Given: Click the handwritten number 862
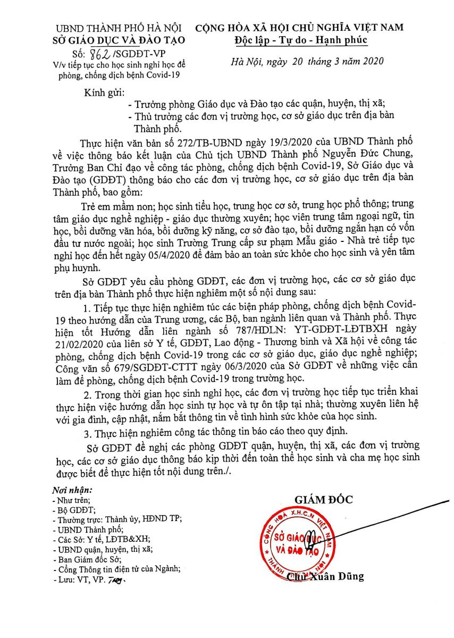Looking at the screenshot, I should click(x=99, y=52).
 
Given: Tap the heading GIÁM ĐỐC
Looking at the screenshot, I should click(x=324, y=499).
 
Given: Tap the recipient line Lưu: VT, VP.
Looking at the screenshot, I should click(x=83, y=578).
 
